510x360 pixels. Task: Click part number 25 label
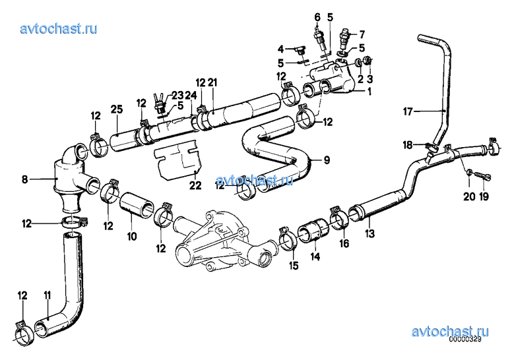click(117, 109)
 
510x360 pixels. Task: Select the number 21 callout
click(212, 82)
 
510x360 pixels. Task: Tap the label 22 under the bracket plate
click(195, 185)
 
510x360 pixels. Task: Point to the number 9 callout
click(327, 160)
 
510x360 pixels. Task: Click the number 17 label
click(408, 112)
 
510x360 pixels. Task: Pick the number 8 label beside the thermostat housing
click(24, 179)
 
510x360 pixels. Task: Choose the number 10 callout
click(132, 236)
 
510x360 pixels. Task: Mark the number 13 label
click(370, 233)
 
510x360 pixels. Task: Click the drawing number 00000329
click(465, 340)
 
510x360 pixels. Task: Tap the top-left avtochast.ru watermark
click(59, 28)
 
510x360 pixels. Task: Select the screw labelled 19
click(482, 176)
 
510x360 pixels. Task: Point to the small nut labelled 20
click(468, 172)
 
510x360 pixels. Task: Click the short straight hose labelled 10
click(137, 204)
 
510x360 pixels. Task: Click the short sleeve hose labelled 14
click(313, 231)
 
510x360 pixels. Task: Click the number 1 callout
click(369, 92)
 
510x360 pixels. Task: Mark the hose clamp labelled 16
click(340, 218)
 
